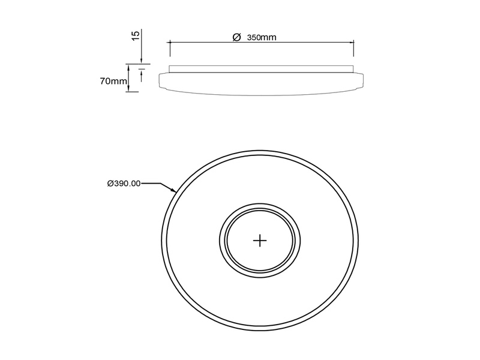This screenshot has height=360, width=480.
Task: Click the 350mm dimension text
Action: [262, 37]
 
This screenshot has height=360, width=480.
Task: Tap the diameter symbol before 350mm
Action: [236, 37]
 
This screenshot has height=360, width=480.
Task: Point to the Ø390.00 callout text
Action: [124, 184]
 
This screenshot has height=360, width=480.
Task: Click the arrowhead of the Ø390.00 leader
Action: [174, 191]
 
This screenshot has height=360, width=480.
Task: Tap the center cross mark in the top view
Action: [259, 240]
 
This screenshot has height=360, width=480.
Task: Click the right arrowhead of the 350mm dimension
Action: [352, 42]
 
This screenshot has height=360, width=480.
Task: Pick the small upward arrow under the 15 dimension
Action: [140, 70]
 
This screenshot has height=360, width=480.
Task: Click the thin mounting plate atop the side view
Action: [262, 68]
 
